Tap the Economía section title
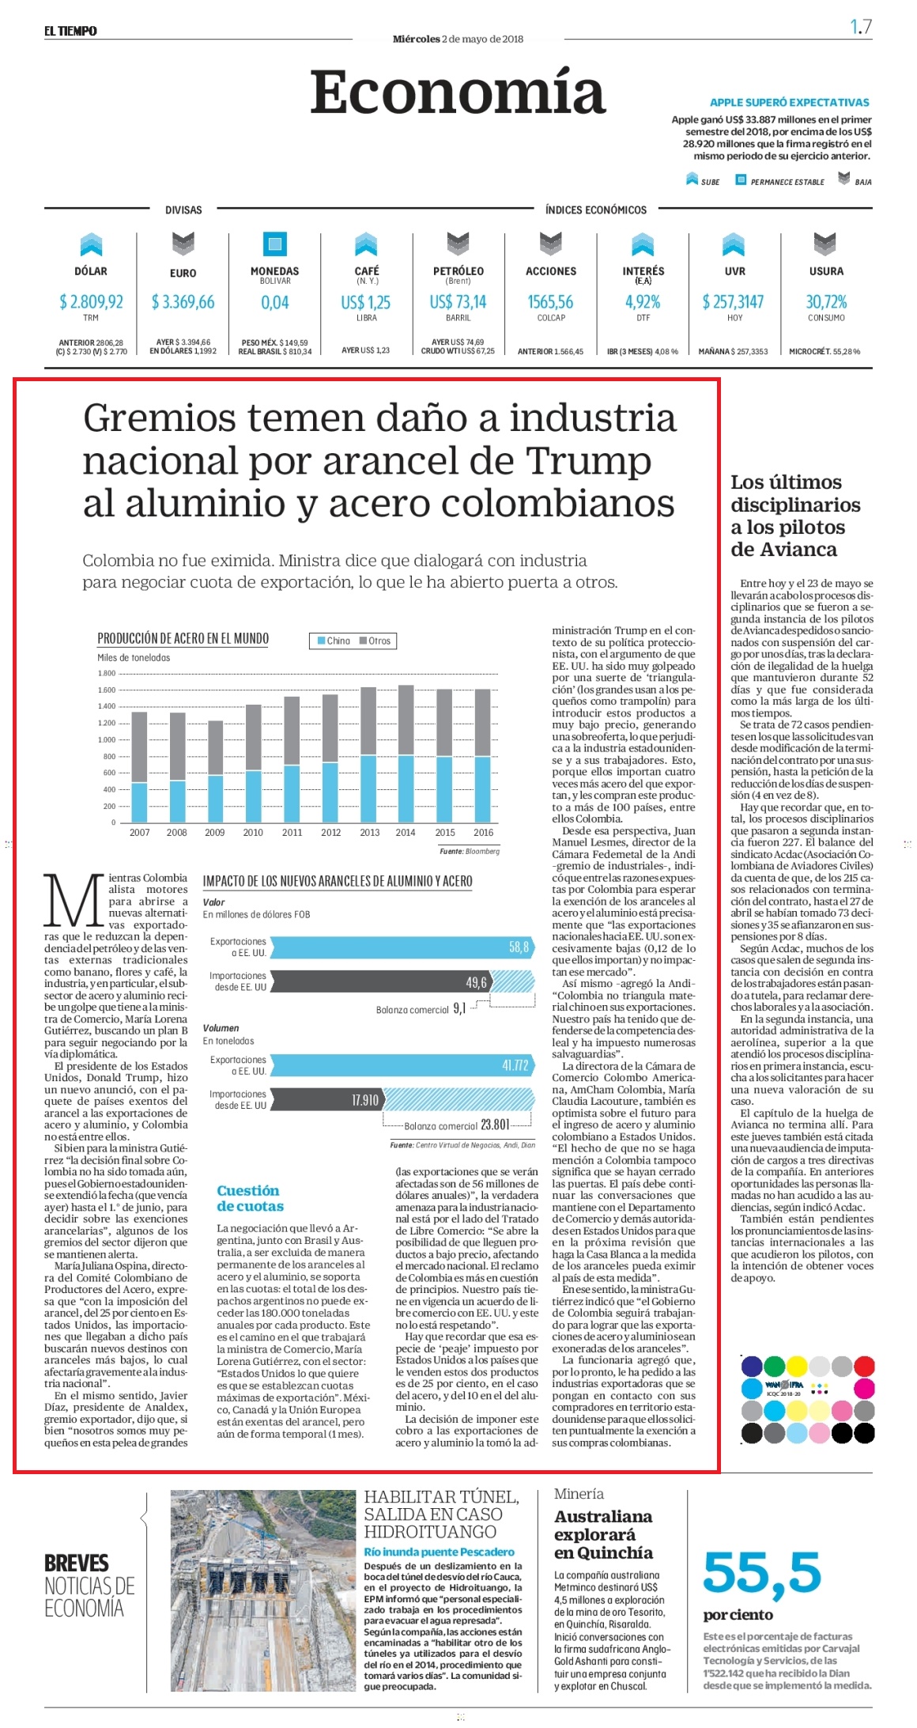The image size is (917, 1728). click(x=458, y=93)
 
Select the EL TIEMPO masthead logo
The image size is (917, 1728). click(x=70, y=31)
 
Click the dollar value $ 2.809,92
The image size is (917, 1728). click(x=91, y=301)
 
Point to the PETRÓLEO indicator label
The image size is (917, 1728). click(x=458, y=270)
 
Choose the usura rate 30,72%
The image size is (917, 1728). click(x=826, y=301)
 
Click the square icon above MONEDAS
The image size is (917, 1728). click(x=274, y=244)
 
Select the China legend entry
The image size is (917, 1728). click(x=333, y=641)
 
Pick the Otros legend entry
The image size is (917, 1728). click(x=375, y=641)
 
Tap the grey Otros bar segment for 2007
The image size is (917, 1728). click(x=139, y=747)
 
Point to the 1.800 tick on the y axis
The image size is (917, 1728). click(x=107, y=674)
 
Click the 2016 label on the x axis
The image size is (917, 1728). click(x=483, y=832)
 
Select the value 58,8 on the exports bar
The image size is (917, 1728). click(x=519, y=947)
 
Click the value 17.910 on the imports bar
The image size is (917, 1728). click(x=364, y=1100)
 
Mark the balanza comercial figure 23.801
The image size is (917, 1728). click(x=495, y=1125)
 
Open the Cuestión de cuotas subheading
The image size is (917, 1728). click(x=250, y=1198)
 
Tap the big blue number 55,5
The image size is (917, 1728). click(x=762, y=1572)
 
